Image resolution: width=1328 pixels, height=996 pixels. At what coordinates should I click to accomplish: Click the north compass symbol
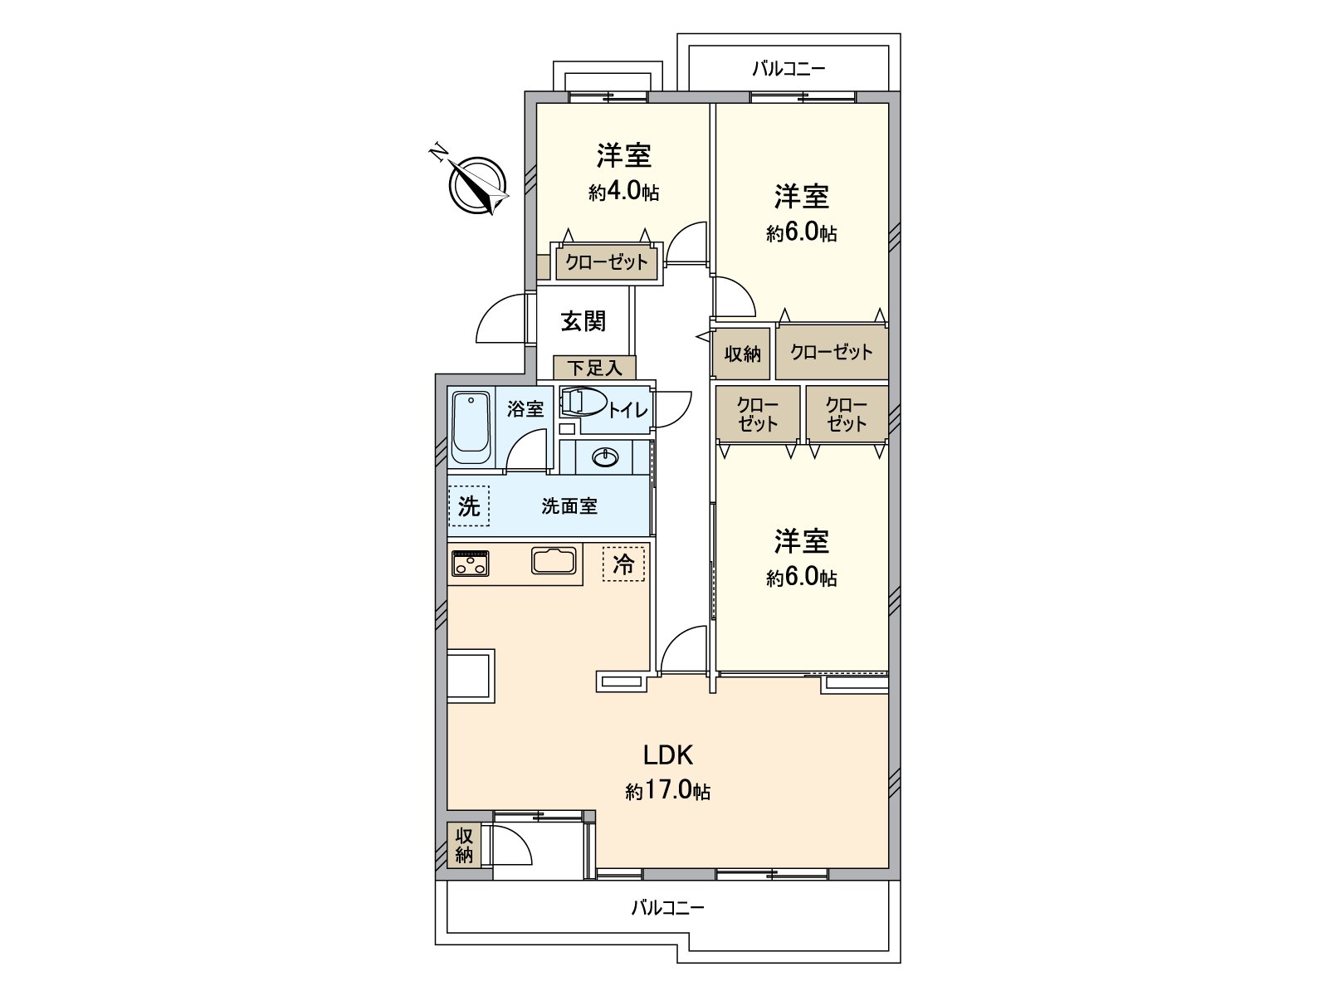tap(478, 184)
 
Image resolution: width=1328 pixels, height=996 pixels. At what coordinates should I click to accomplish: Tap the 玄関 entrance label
tap(583, 321)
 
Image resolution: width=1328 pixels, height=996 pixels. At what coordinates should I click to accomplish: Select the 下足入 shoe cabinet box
tap(594, 368)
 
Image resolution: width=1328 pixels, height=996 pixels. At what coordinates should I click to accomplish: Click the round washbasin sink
tap(605, 457)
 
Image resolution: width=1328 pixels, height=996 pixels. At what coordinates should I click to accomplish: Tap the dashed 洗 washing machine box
tap(469, 505)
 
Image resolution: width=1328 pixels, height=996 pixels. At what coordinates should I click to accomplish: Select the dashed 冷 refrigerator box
tap(623, 564)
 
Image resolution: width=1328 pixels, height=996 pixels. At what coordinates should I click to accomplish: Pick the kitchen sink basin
tap(554, 560)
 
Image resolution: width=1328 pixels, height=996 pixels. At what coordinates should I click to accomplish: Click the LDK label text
tap(668, 754)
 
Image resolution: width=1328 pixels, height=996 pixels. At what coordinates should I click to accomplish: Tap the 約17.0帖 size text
tap(668, 791)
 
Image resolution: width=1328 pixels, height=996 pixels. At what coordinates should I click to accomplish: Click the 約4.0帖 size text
tap(624, 193)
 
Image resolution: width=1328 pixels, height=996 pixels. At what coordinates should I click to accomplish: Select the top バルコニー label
tap(788, 69)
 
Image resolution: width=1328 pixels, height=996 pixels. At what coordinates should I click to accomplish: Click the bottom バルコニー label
tap(667, 907)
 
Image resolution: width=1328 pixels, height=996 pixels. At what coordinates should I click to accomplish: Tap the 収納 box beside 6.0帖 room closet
tap(742, 354)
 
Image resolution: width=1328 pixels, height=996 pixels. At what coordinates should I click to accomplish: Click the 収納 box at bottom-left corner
tap(464, 845)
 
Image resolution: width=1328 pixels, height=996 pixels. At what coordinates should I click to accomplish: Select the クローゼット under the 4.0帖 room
tap(607, 263)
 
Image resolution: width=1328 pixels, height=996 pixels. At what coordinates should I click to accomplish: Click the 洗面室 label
tap(569, 505)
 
